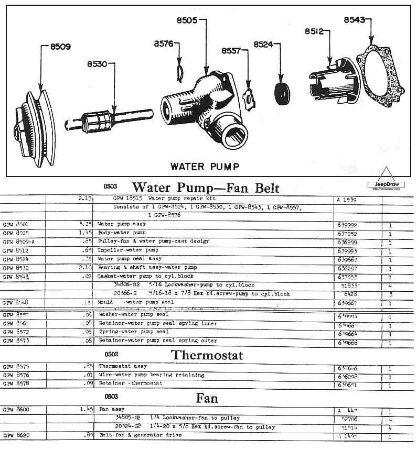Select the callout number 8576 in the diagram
pyautogui.click(x=164, y=45)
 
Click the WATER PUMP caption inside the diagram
pyautogui.click(x=205, y=167)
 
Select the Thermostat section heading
pyautogui.click(x=207, y=355)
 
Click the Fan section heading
pyautogui.click(x=207, y=398)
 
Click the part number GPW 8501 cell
pyautogui.click(x=16, y=224)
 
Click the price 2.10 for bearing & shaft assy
pyautogui.click(x=85, y=267)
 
